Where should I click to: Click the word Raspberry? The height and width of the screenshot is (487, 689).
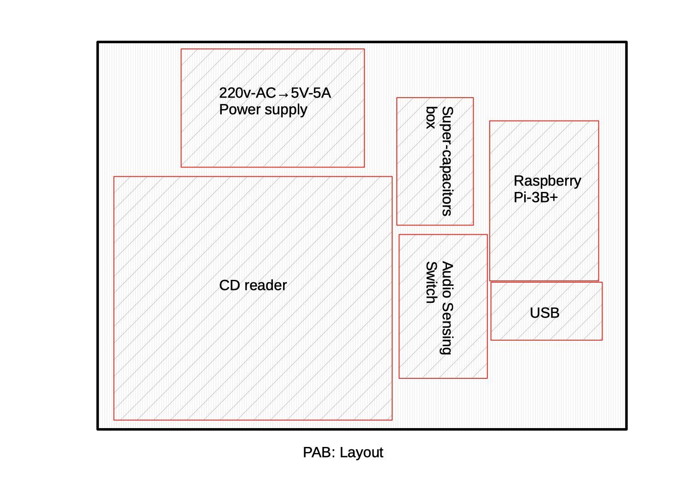click(547, 181)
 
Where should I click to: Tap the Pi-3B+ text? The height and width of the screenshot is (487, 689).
click(535, 197)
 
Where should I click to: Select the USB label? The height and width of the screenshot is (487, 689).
click(544, 313)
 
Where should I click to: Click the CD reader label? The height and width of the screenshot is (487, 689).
click(253, 285)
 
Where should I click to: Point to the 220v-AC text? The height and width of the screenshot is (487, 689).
click(247, 93)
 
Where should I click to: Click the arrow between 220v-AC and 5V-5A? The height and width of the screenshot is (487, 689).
click(284, 94)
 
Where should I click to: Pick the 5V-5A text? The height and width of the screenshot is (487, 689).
click(311, 93)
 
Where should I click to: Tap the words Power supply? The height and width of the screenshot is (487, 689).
click(263, 110)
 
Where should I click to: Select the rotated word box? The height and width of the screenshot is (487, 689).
click(431, 117)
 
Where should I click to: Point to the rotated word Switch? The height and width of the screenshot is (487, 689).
click(431, 282)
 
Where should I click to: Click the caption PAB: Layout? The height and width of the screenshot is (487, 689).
click(343, 452)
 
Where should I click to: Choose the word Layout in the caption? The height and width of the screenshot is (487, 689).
click(362, 452)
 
